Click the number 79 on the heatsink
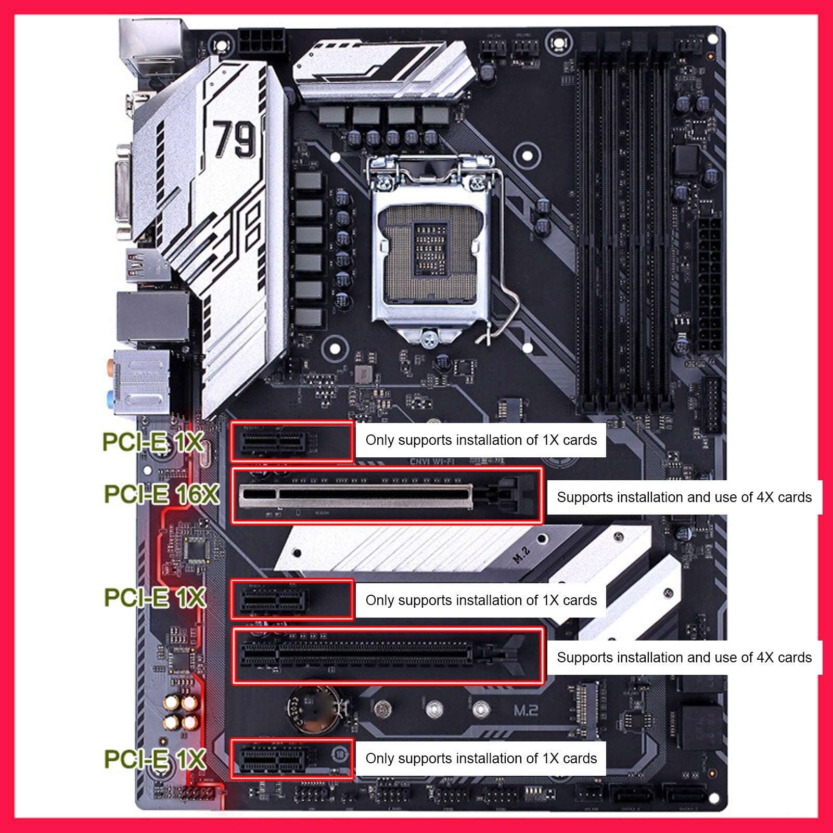tap(235, 139)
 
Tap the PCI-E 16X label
tap(161, 494)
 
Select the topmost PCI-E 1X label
tap(152, 442)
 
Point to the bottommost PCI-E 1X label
tap(155, 759)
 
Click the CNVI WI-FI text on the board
tap(432, 462)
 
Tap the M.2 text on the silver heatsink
tap(521, 555)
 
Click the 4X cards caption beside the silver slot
tap(684, 497)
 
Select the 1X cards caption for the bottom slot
tap(481, 758)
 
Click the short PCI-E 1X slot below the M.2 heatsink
tap(273, 599)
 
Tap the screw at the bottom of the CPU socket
tap(429, 337)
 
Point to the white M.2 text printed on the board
tap(526, 710)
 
